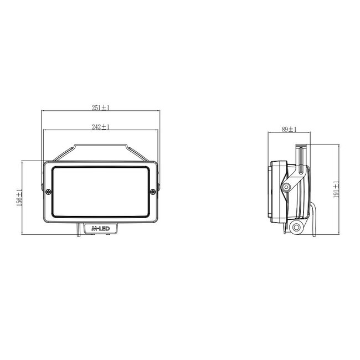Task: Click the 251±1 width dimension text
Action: coord(101,107)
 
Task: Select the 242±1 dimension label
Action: coord(101,127)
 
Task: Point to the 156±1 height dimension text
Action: coord(18,198)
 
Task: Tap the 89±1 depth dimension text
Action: coord(289,130)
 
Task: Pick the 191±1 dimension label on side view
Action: coord(335,190)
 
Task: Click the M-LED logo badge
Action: coord(100,228)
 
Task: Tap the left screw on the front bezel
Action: coord(49,192)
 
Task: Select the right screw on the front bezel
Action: coord(152,192)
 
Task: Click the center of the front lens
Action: coord(100,192)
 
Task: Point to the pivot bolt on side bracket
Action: coord(286,187)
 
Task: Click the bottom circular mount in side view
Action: coord(297,228)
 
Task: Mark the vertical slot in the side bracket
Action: coord(300,158)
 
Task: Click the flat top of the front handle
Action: coord(100,146)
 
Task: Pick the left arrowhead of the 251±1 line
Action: coord(43,111)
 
